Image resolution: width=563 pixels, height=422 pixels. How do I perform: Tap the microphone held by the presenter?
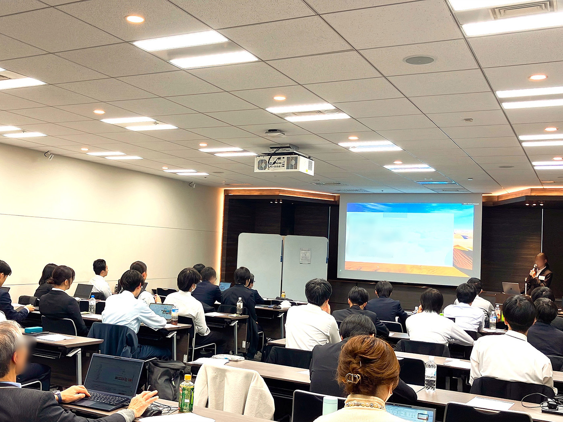(535, 267)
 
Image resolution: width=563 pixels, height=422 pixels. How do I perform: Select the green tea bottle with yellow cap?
(186, 393)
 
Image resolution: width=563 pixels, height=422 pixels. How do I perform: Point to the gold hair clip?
(352, 378)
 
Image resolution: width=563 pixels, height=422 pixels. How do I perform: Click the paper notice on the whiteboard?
(305, 256)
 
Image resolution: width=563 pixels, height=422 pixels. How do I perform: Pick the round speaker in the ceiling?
(419, 60)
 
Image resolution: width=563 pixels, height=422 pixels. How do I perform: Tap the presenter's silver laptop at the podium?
(511, 288)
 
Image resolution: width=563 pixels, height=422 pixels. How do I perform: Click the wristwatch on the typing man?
(58, 397)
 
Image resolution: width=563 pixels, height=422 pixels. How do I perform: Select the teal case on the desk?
(33, 330)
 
